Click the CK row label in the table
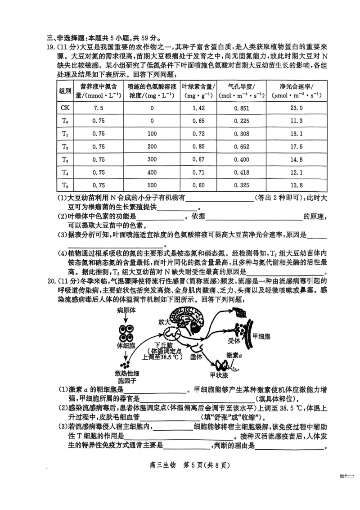[65, 108]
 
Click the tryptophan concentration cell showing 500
[152, 185]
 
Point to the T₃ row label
[65, 159]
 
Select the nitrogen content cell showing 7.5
[99, 108]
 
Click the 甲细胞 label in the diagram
[261, 336]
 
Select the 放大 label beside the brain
[165, 322]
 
